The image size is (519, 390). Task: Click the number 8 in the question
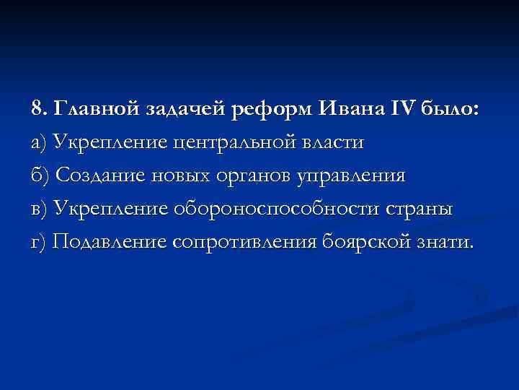(37, 109)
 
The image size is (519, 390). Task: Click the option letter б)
(40, 176)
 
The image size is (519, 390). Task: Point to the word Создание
(98, 176)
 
